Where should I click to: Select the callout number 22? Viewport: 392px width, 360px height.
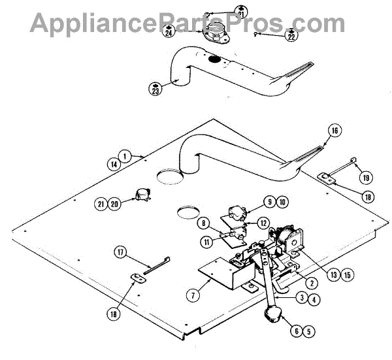[x=291, y=37]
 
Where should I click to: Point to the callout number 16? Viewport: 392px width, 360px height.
[x=335, y=131]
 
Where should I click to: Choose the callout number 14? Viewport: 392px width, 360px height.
[x=115, y=165]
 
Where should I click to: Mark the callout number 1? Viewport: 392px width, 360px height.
[x=127, y=156]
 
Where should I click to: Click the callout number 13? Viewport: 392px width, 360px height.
[x=335, y=274]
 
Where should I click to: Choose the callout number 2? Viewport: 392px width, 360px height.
[x=313, y=282]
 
